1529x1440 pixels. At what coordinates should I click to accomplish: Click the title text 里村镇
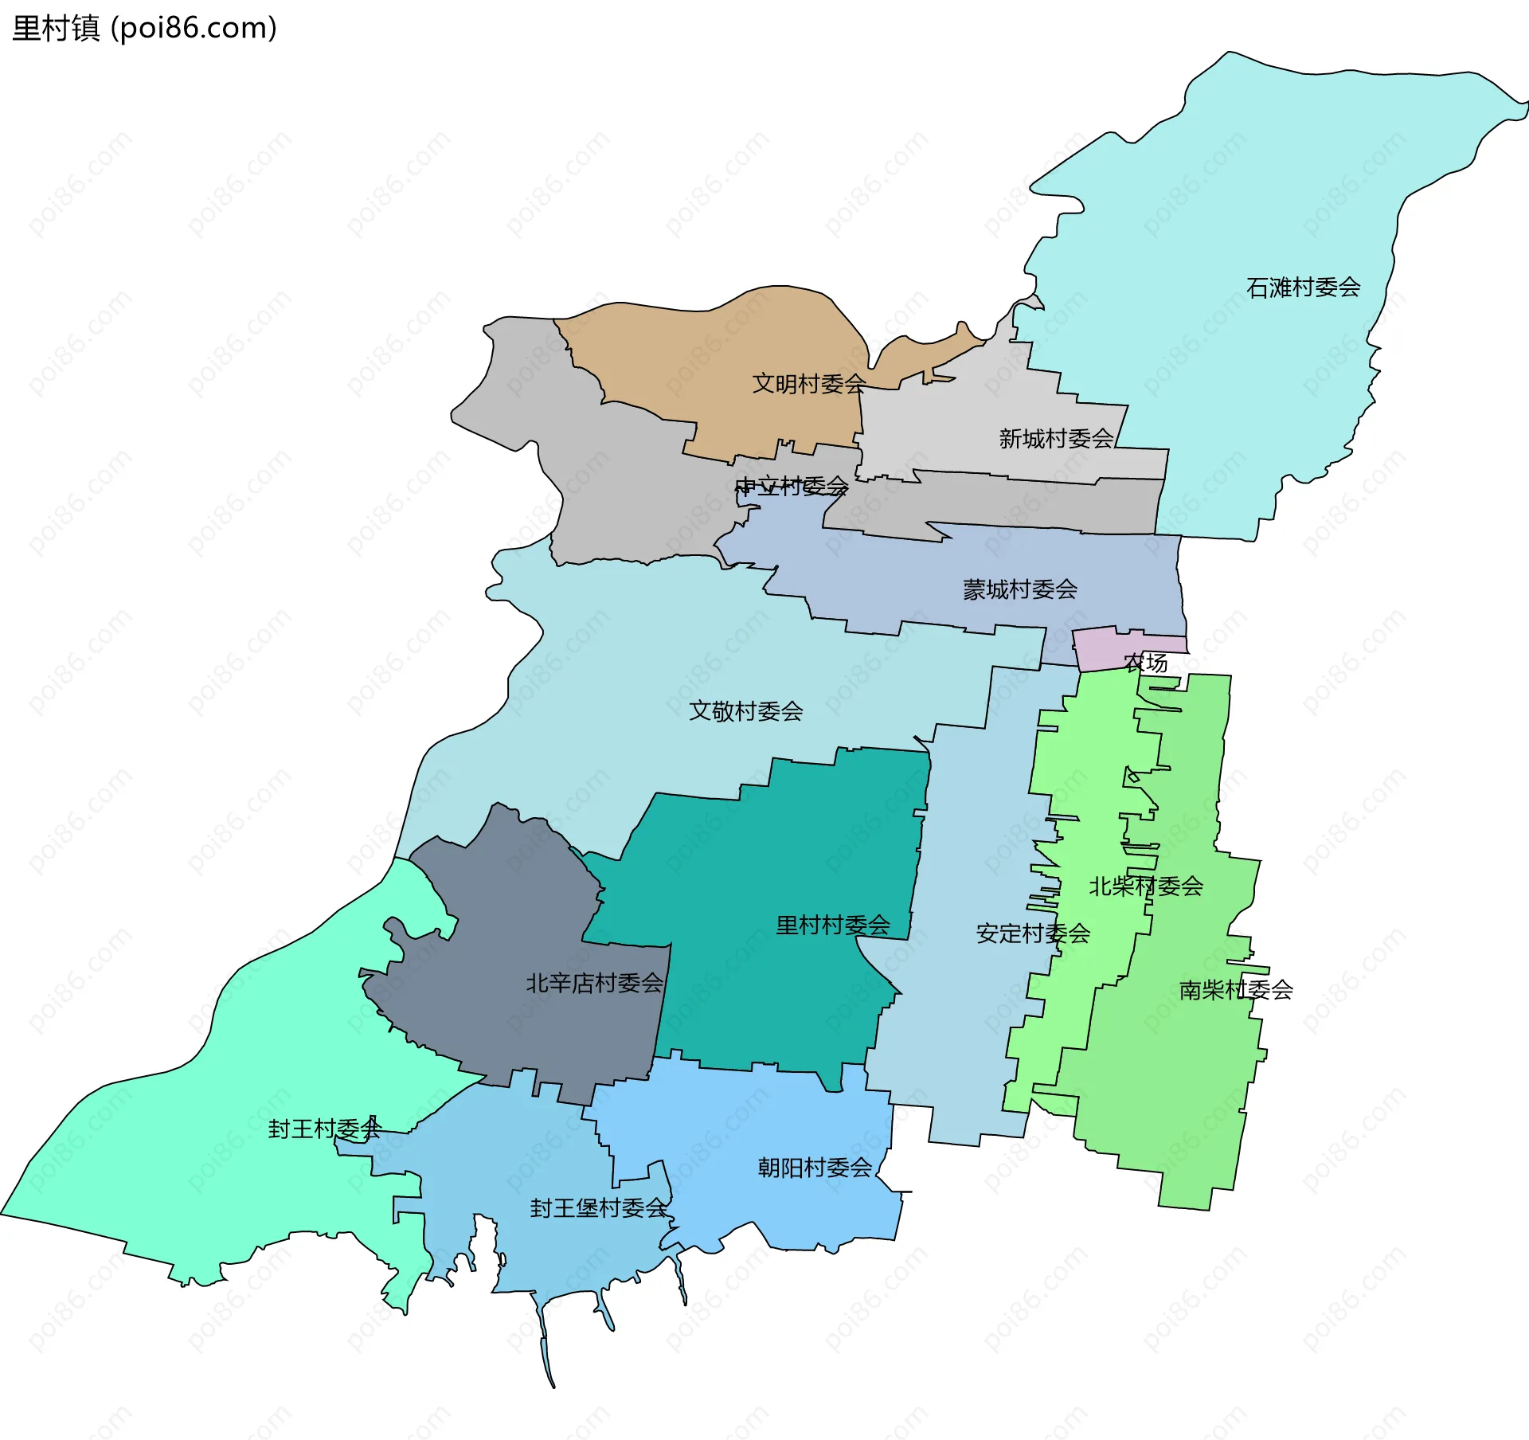[56, 29]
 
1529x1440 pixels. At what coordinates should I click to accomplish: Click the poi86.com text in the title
[194, 29]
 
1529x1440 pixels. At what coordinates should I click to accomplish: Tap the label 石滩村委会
[1303, 288]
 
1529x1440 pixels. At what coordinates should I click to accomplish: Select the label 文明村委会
[809, 384]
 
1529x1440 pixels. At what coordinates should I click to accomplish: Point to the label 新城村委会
[1056, 439]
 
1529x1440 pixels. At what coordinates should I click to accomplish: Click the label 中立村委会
[791, 486]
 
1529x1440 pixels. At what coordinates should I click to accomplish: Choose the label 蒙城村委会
[1019, 589]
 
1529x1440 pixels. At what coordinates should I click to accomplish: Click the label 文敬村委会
[745, 711]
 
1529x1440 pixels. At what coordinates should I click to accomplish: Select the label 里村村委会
[832, 925]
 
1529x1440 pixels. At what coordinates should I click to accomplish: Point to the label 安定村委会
[1032, 933]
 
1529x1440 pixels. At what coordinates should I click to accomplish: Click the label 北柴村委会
[1145, 886]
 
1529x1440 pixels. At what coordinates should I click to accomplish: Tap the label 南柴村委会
[1235, 990]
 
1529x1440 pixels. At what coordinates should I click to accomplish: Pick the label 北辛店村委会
[594, 984]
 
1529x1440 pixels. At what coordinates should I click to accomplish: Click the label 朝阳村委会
[815, 1168]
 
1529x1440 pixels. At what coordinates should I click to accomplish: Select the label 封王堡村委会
[599, 1208]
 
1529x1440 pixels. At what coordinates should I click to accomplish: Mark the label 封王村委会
[325, 1129]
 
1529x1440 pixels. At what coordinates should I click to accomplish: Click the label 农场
[1145, 663]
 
